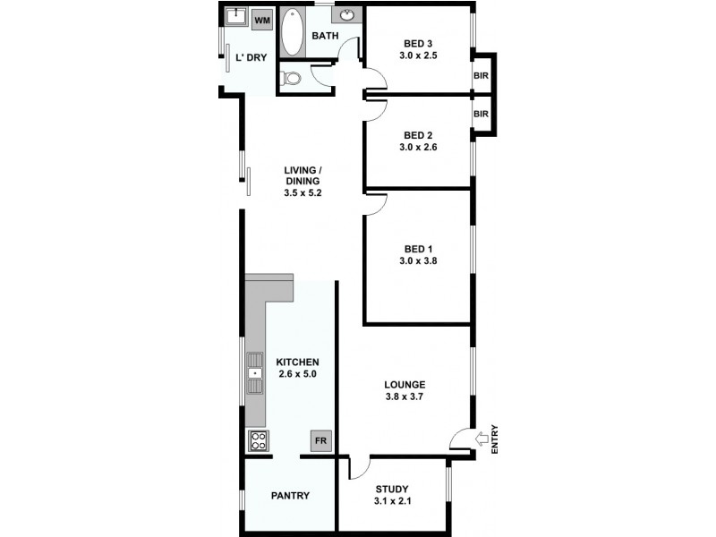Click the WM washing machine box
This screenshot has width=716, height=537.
coord(262,20)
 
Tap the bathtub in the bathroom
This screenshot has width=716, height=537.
coord(293,34)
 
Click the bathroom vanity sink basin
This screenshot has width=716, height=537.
coord(347,15)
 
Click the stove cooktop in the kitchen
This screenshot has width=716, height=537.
coord(258,440)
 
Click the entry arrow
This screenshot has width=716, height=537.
coord(482,439)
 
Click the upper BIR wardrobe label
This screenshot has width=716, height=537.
coord(482,76)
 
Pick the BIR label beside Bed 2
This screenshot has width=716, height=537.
coord(482,115)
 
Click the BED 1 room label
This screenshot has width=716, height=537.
coord(418,248)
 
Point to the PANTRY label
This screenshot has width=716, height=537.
coord(290,495)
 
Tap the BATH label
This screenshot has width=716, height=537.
coord(325,36)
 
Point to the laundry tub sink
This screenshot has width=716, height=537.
coord(236,17)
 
